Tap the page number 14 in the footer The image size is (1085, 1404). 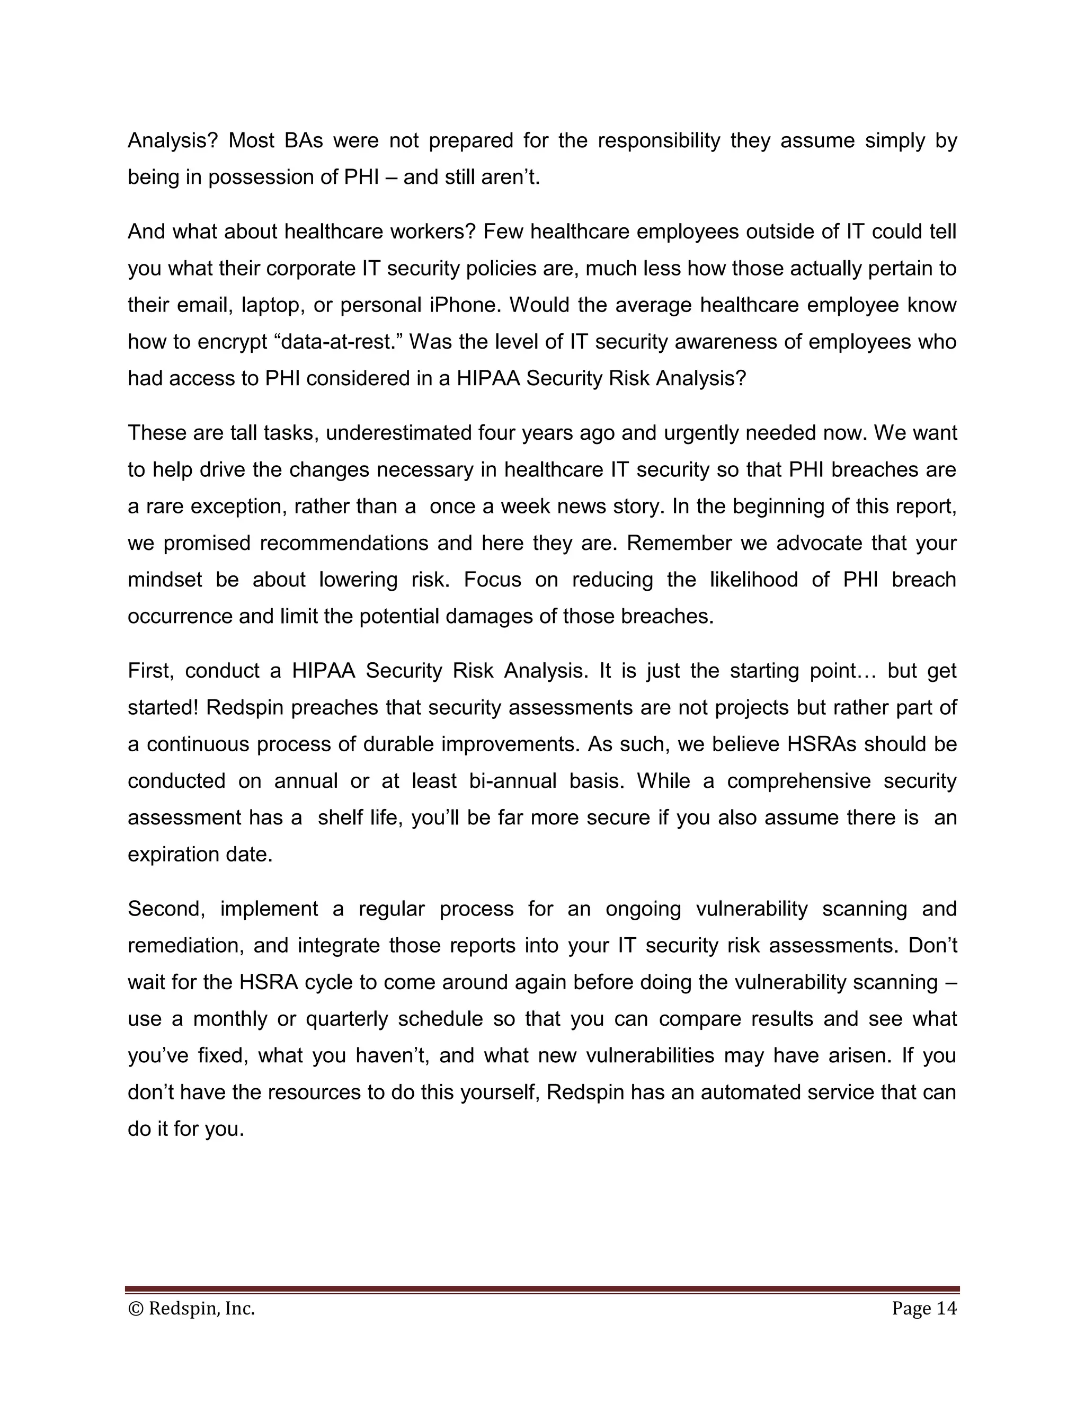[x=946, y=1308]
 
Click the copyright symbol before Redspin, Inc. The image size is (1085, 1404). [x=136, y=1309]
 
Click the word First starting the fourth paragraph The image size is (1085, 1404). [x=150, y=671]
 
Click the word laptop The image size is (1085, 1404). [x=268, y=305]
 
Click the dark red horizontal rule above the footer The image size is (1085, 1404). [x=542, y=1289]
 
